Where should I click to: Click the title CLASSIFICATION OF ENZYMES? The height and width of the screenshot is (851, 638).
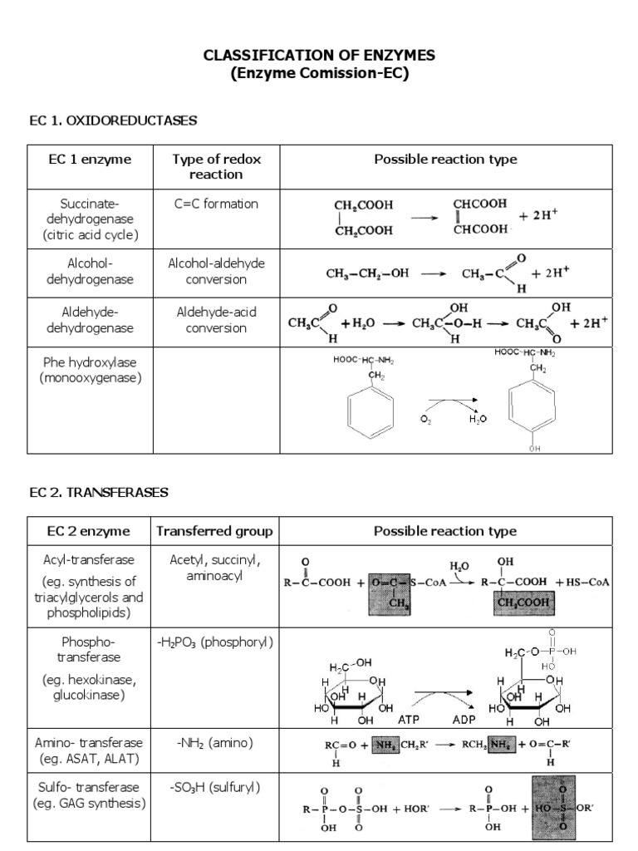click(319, 55)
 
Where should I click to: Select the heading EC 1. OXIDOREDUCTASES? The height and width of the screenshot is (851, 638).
click(113, 121)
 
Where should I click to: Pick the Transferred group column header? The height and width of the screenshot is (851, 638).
click(215, 531)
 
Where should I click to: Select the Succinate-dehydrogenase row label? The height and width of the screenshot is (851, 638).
click(90, 219)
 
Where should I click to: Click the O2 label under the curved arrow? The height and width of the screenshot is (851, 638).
click(426, 420)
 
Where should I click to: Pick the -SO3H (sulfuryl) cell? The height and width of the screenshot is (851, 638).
click(215, 787)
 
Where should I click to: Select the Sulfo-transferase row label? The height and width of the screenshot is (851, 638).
click(90, 795)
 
